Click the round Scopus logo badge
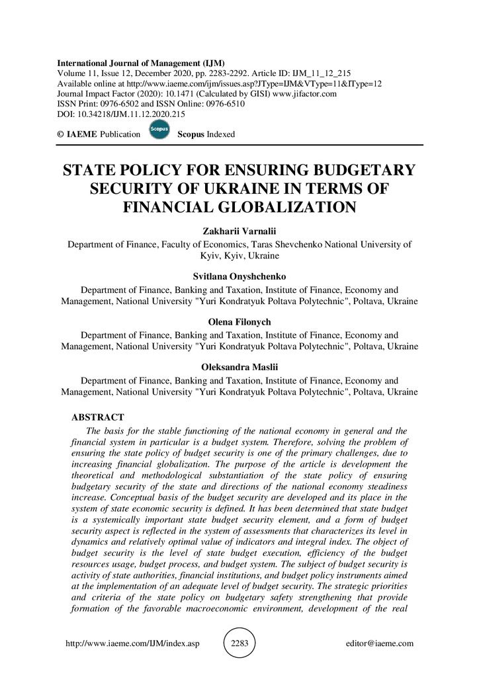tap(159, 130)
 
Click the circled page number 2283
tap(239, 643)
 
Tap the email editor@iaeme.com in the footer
tap(380, 643)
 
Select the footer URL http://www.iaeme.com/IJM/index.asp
tap(132, 643)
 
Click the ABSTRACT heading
tap(97, 417)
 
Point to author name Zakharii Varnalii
tap(239, 231)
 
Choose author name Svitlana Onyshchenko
tap(239, 277)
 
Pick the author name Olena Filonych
tap(239, 322)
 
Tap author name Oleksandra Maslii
tap(239, 367)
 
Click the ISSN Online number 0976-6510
tap(224, 104)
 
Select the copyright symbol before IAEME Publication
tap(61, 134)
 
